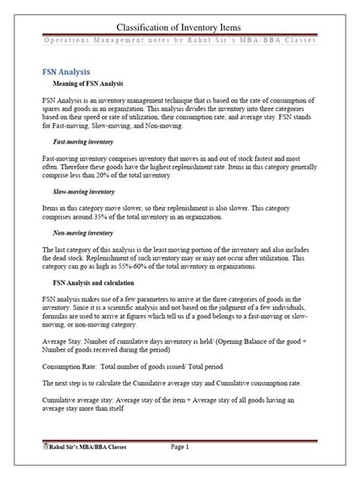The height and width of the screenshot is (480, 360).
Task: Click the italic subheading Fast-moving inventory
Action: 83,141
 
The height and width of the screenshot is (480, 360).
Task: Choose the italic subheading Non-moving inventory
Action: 84,234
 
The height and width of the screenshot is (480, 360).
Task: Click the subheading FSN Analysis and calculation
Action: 99,284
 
